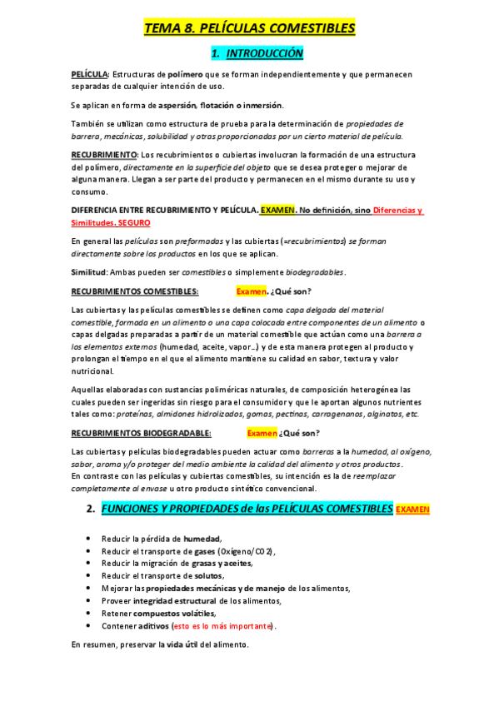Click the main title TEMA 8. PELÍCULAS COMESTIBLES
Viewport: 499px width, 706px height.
pyautogui.click(x=249, y=29)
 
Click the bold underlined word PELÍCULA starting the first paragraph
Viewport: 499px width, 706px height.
pyautogui.click(x=89, y=75)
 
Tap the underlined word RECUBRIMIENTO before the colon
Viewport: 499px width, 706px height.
pyautogui.click(x=104, y=155)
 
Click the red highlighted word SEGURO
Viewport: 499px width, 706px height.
pyautogui.click(x=134, y=223)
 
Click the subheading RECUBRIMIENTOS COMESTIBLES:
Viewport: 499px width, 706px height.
pyautogui.click(x=135, y=291)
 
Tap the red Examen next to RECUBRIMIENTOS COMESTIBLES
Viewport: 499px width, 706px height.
pyautogui.click(x=250, y=291)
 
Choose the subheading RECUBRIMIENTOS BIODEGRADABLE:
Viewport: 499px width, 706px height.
pyautogui.click(x=142, y=433)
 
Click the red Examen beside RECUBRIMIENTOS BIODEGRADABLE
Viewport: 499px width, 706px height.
pyautogui.click(x=262, y=433)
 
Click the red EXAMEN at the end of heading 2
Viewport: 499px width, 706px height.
pyautogui.click(x=413, y=509)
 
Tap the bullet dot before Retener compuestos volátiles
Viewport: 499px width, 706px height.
pyautogui.click(x=88, y=614)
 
